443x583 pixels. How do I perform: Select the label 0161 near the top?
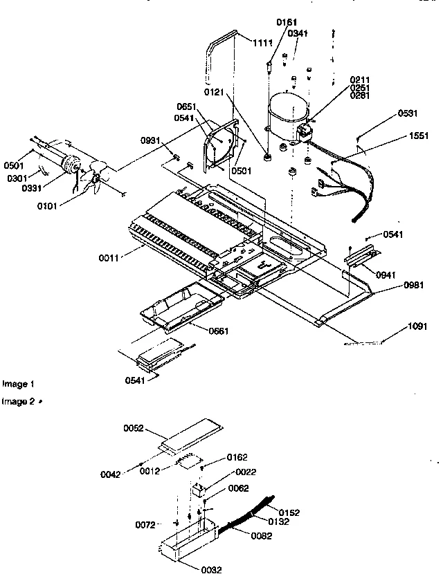tap(287, 23)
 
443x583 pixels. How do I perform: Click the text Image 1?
tap(17, 383)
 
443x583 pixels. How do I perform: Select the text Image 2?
tap(17, 401)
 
